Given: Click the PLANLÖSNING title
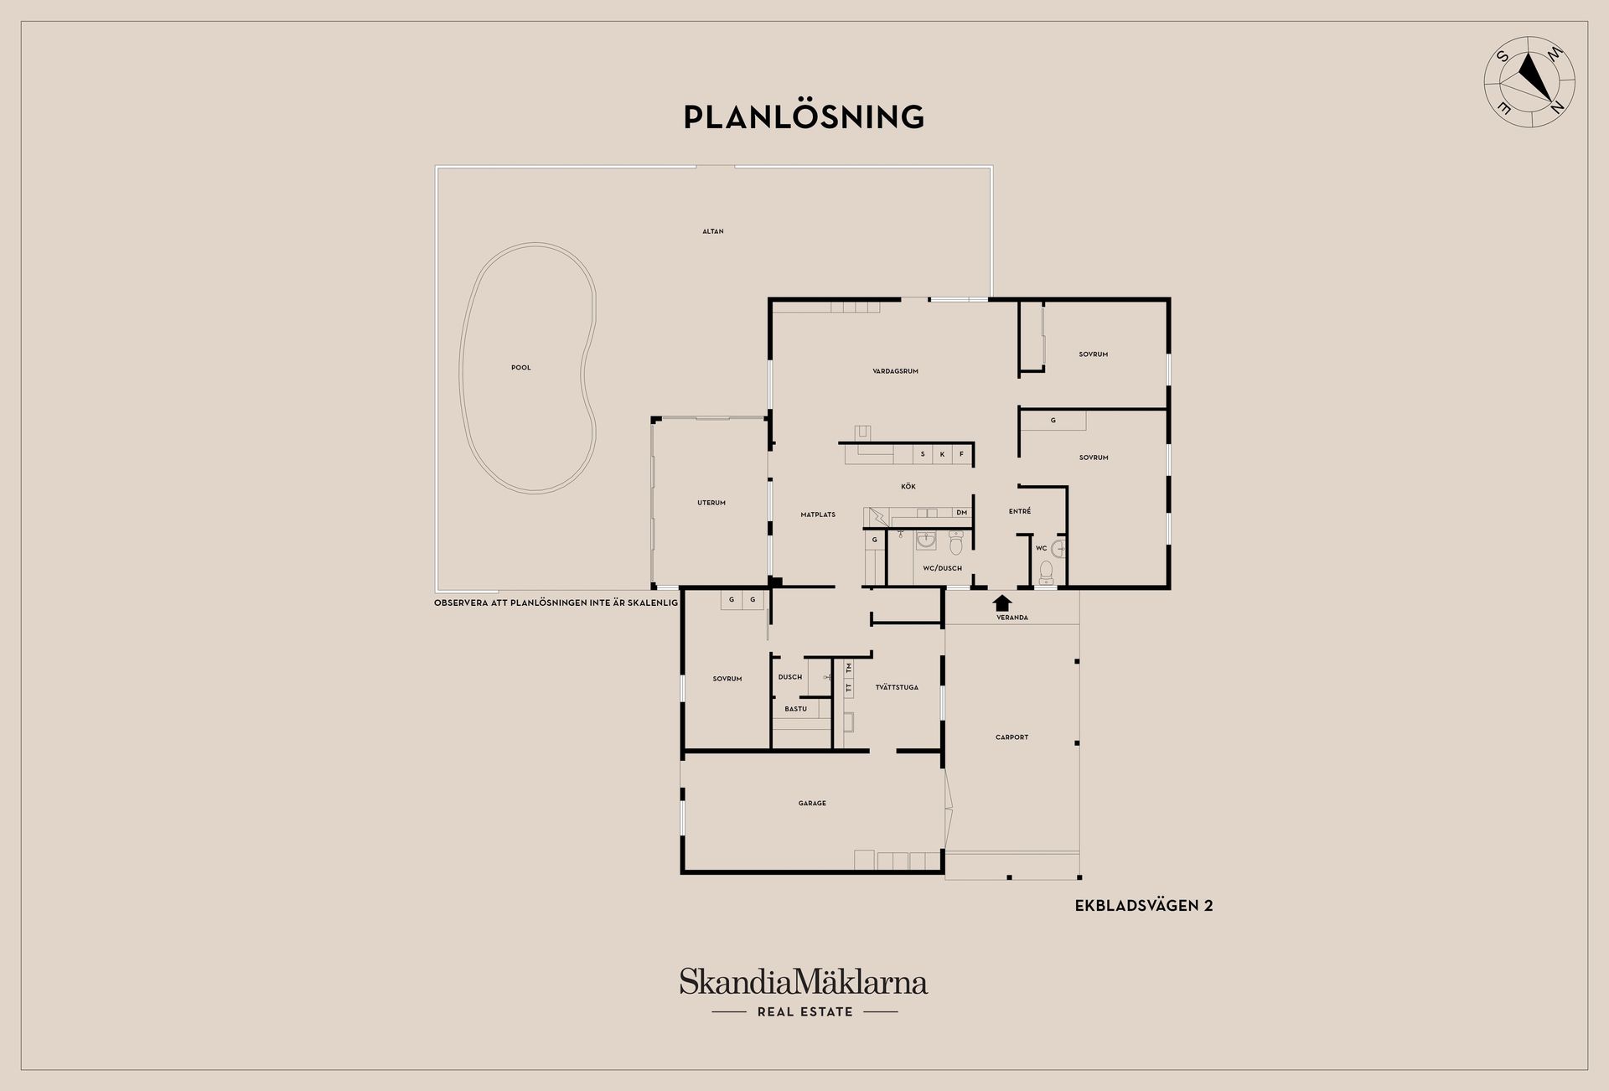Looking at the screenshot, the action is tap(804, 116).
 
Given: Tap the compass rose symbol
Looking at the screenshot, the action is tap(1529, 82).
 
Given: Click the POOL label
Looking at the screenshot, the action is tap(521, 368).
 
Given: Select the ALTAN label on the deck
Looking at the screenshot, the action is tap(713, 231).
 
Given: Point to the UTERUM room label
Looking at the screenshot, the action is tap(711, 503).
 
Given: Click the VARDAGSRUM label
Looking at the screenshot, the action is tap(896, 371).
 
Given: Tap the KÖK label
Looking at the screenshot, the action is tap(908, 487).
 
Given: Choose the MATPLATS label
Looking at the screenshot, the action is tap(818, 514).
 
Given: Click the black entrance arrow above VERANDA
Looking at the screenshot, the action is tap(1002, 602).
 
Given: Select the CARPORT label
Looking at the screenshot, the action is tap(1012, 737).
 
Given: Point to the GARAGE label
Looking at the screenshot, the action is tap(812, 804).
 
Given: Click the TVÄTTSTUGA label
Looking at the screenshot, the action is tap(897, 687).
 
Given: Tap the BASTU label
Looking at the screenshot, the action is tap(796, 709).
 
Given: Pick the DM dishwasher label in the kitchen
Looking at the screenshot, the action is tap(962, 513).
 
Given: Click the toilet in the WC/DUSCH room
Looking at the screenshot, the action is tap(956, 545).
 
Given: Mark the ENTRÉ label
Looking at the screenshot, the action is tap(1020, 511).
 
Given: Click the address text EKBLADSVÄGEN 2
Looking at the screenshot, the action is tap(1144, 906).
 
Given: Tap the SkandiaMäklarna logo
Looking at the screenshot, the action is tap(804, 981).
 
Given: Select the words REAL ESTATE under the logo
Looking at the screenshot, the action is tap(805, 1012).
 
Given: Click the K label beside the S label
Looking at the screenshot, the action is tap(942, 454).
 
